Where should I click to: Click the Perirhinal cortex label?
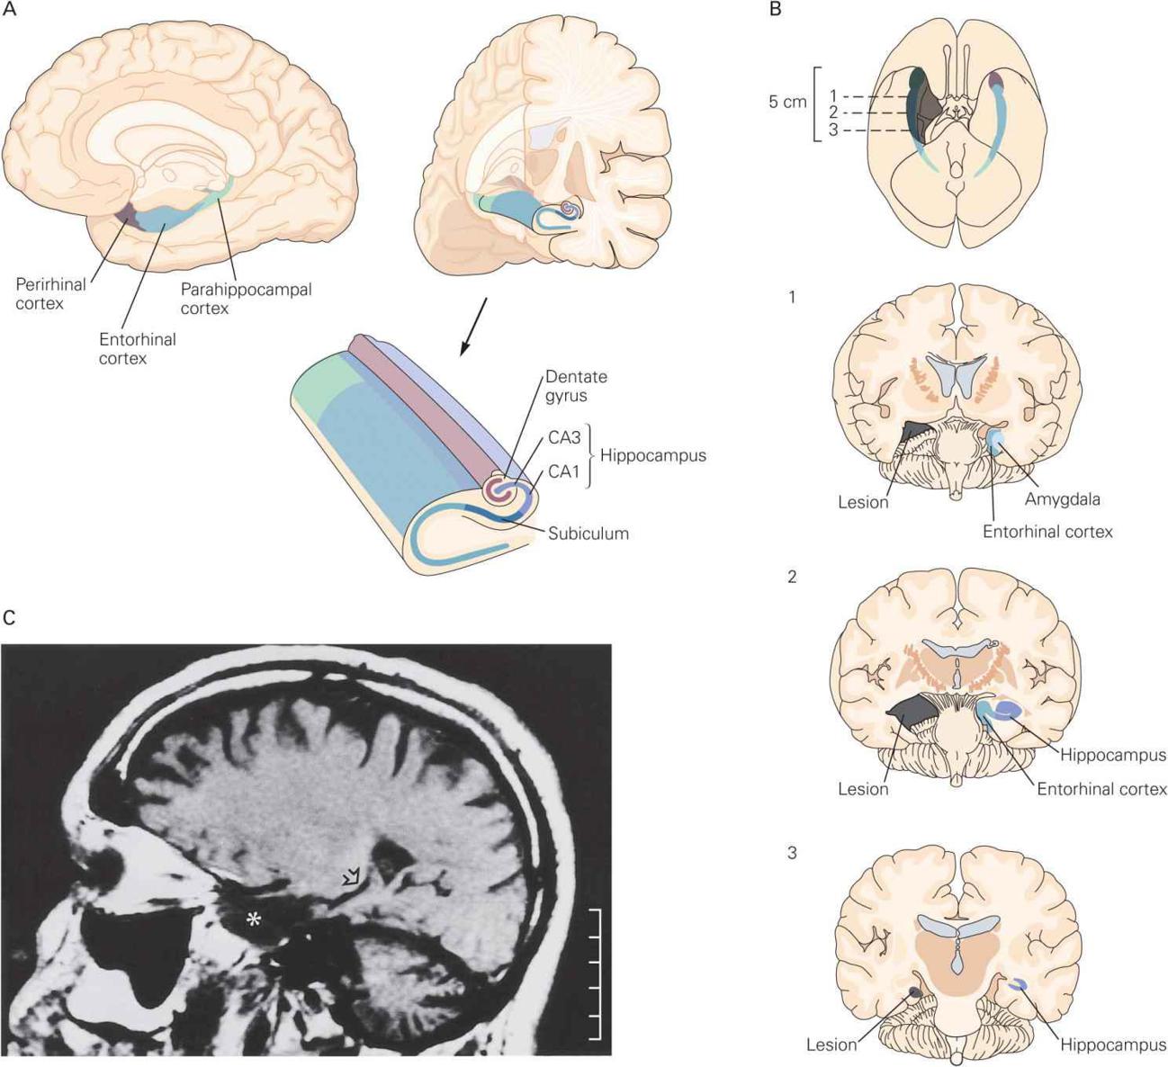(51, 293)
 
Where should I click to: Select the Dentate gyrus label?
(576, 386)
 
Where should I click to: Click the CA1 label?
(562, 471)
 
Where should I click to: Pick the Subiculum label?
(588, 533)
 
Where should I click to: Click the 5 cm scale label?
(787, 102)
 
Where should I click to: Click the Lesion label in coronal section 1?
(863, 501)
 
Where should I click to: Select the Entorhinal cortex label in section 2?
(1101, 789)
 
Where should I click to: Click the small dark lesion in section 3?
(914, 991)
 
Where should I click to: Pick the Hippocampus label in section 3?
(1113, 1045)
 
